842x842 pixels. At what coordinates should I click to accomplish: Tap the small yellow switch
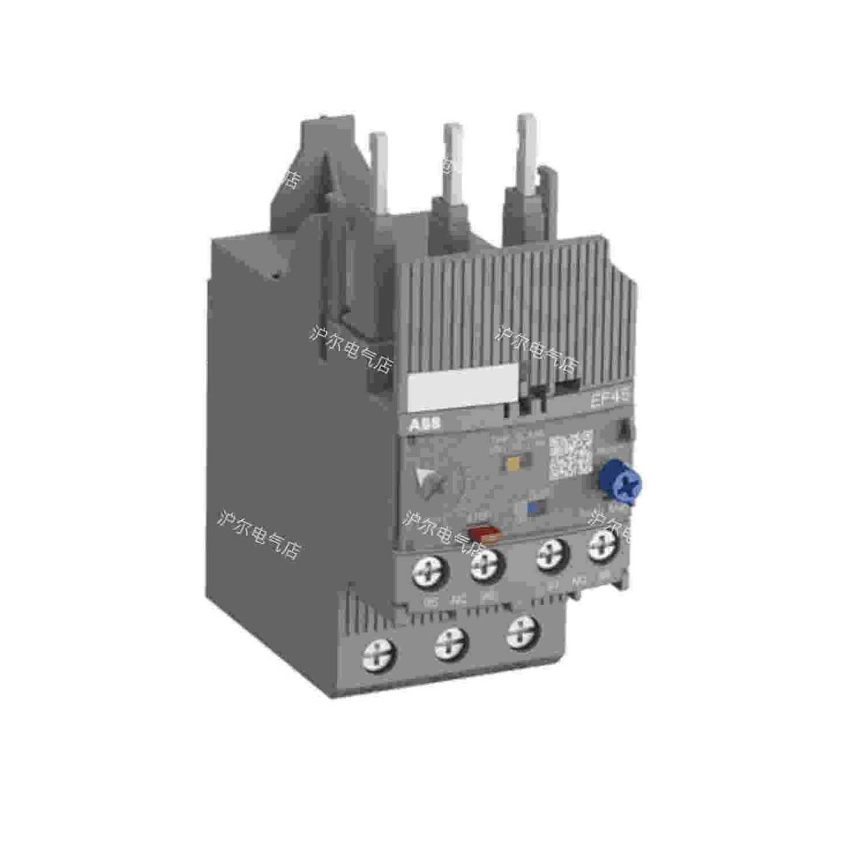coord(515,462)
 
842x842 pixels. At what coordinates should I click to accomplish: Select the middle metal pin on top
coord(452,158)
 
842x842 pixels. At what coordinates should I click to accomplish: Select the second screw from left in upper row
coord(486,565)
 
